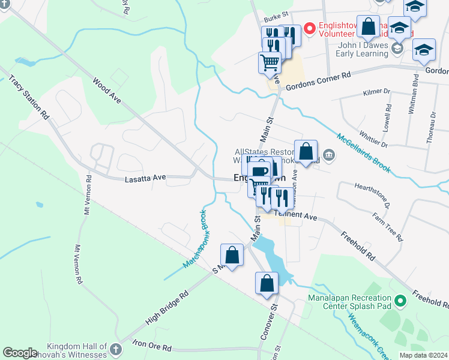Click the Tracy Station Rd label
click(x=28, y=98)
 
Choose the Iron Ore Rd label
click(x=151, y=347)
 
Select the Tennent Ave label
click(x=295, y=215)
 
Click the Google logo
click(x=20, y=353)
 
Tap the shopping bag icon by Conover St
click(x=267, y=284)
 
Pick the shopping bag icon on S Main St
click(x=232, y=255)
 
